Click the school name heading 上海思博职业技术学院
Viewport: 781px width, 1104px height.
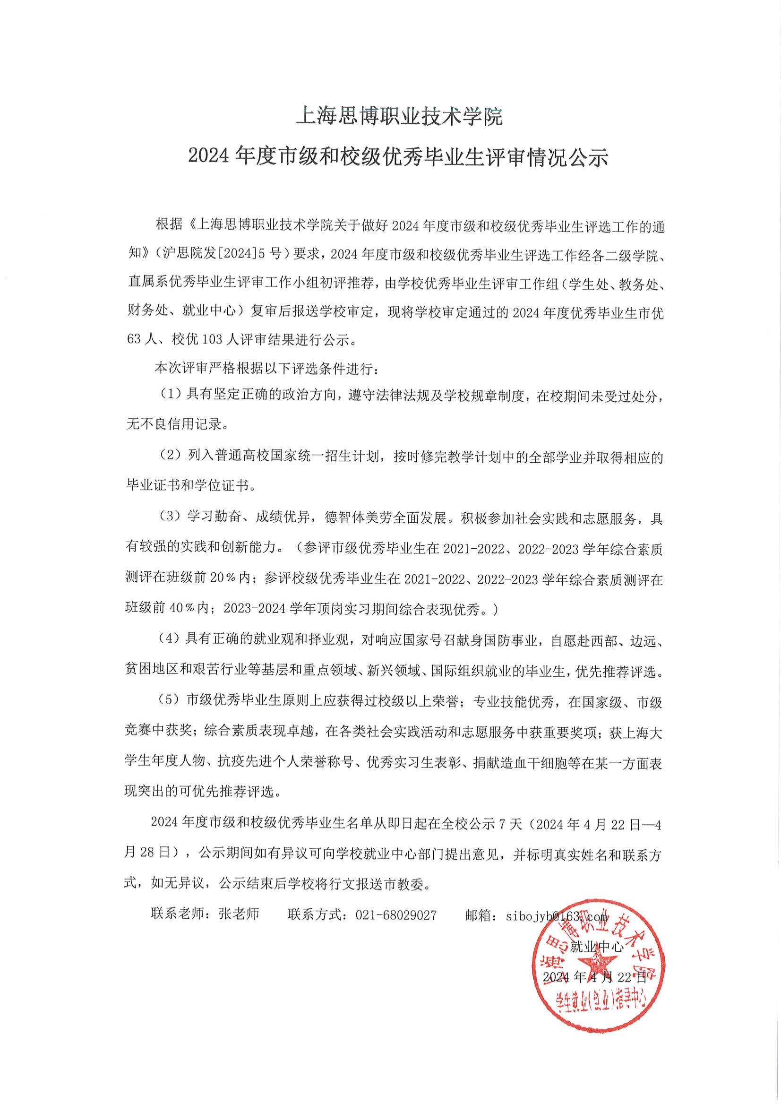(399, 116)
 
